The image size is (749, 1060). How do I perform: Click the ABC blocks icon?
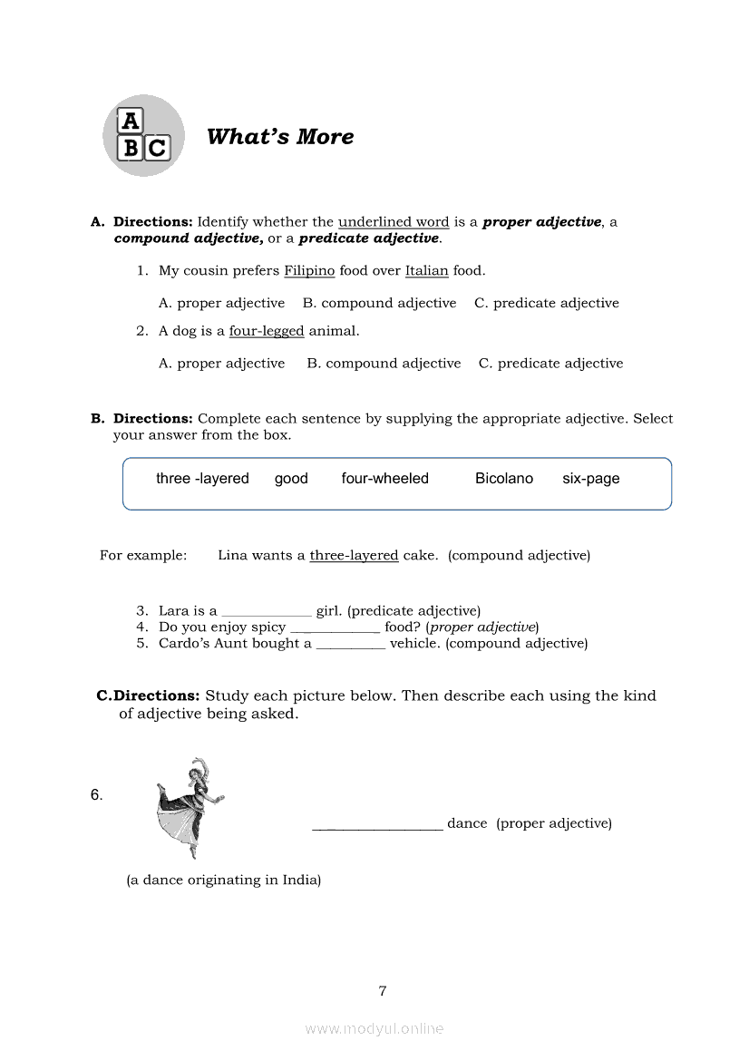coord(143,136)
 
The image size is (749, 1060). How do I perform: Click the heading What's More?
coord(280,137)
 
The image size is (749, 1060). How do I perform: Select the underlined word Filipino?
coord(309,270)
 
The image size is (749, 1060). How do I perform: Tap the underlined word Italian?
coord(426,270)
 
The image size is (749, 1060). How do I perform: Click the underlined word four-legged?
coord(266,331)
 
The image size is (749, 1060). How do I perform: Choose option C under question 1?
coord(546,303)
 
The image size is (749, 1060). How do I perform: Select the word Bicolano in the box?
coord(503,479)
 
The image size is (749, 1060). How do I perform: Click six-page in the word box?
coord(590,479)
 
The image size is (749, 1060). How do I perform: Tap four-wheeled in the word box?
coord(384,479)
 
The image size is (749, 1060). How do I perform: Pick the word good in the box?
coord(291,479)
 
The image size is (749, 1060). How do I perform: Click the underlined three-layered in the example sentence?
coord(354,555)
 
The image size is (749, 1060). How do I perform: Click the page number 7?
coord(383,991)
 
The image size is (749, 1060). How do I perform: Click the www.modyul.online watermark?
coord(374,1028)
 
